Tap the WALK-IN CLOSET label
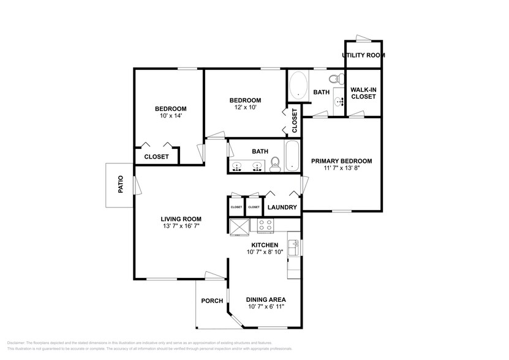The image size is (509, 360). click(x=363, y=93)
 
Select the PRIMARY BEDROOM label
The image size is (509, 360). click(x=341, y=161)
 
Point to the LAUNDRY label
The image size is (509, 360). click(x=282, y=208)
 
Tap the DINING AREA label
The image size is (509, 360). click(x=266, y=300)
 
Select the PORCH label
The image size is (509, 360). click(x=212, y=301)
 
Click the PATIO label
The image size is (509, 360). click(x=121, y=184)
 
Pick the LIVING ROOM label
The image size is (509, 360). click(x=181, y=219)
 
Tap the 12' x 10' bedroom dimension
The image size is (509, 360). click(x=245, y=108)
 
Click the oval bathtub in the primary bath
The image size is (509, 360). click(x=298, y=86)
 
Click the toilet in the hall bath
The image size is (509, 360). click(x=275, y=163)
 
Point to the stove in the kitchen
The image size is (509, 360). click(x=265, y=225)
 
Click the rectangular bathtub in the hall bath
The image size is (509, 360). click(x=292, y=156)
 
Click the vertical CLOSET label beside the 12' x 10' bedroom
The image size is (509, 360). click(x=294, y=121)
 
